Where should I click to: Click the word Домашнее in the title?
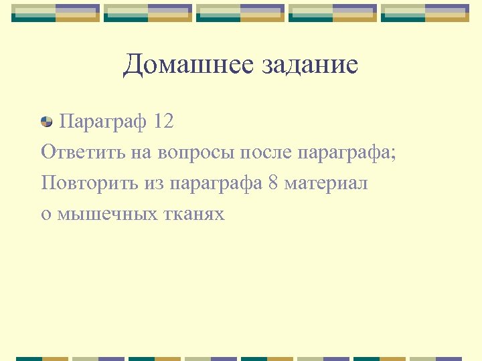pos(177,66)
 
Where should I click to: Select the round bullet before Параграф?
pos(47,122)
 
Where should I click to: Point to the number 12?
pos(163,122)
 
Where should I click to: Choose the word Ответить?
pos(82,152)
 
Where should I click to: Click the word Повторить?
pos(90,183)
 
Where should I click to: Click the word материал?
pos(326,183)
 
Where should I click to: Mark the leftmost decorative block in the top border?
pos(56,13)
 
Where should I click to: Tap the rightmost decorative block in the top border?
pos(425,13)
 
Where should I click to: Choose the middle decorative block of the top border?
pos(240,13)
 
